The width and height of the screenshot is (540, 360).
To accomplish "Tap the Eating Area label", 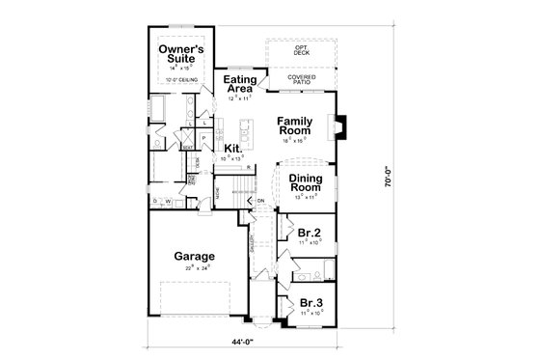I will tap(239, 83).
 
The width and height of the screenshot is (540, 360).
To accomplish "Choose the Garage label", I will tap(194, 257).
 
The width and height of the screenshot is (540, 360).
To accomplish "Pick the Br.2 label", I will tap(310, 234).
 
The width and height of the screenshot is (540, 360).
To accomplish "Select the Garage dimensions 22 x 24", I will tap(194, 270).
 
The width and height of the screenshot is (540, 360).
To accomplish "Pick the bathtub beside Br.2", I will tap(329, 269).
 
